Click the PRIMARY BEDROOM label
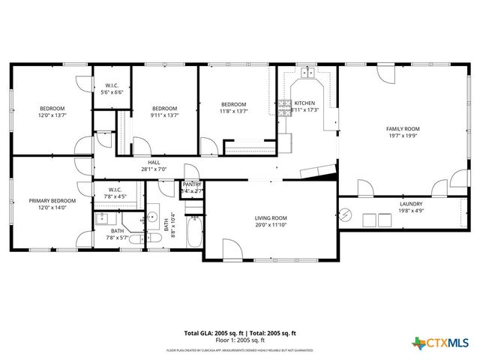(x=52, y=200)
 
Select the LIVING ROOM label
(x=271, y=217)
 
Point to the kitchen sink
(x=307, y=73)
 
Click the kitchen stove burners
(x=285, y=106)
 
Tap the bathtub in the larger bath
(x=193, y=232)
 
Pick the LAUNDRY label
(x=410, y=204)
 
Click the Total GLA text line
(x=240, y=332)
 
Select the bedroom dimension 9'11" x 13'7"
(x=164, y=115)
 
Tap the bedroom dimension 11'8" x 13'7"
(x=233, y=111)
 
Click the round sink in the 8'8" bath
(x=153, y=209)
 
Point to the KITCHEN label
(x=304, y=103)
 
